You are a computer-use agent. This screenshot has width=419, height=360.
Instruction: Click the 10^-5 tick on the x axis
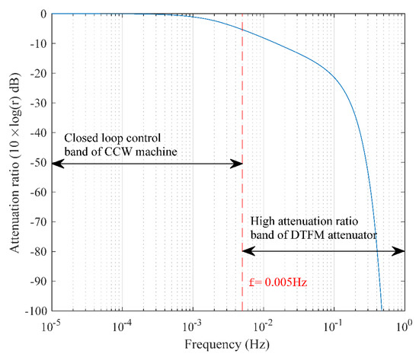(x=50, y=325)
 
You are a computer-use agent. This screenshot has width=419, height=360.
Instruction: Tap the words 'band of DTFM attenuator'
(x=313, y=235)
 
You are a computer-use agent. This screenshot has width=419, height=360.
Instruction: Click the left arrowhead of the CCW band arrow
(x=55, y=163)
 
